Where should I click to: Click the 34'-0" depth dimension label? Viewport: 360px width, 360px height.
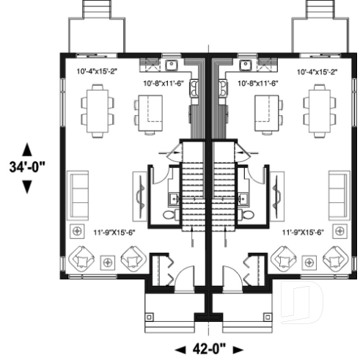tap(28, 166)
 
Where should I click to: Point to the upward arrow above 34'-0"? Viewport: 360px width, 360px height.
tap(28, 147)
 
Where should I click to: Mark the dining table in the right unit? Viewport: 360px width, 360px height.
tap(319, 106)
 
